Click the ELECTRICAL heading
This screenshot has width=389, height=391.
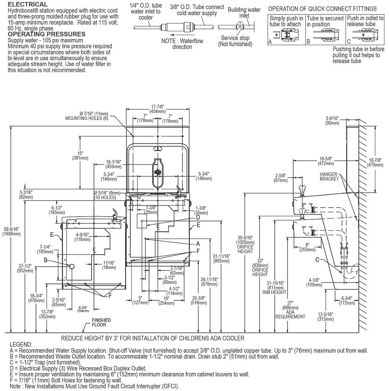point(28,4)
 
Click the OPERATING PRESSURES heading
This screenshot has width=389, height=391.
point(47,34)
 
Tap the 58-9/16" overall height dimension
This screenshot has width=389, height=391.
point(11,231)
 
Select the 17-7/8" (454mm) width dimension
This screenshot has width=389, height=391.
point(157,109)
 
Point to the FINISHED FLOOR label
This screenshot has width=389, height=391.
point(101,323)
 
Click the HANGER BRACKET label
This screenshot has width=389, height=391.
point(329,176)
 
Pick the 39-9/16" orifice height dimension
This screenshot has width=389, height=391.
point(245,245)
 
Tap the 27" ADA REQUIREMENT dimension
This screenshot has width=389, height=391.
point(290,310)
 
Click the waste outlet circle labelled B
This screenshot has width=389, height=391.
point(72,267)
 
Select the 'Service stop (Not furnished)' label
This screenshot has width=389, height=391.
point(235,41)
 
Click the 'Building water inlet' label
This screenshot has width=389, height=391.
point(244,13)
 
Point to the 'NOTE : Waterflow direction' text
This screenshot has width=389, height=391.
point(182,44)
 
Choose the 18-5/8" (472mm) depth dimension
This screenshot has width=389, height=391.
point(326,161)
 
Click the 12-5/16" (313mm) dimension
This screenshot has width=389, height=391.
point(326,317)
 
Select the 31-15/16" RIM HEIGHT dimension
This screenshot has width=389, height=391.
point(274,288)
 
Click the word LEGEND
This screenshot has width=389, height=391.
point(21,344)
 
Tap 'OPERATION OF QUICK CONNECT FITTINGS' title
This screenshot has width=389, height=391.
point(322,9)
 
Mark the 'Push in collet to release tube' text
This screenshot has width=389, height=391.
point(365,21)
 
